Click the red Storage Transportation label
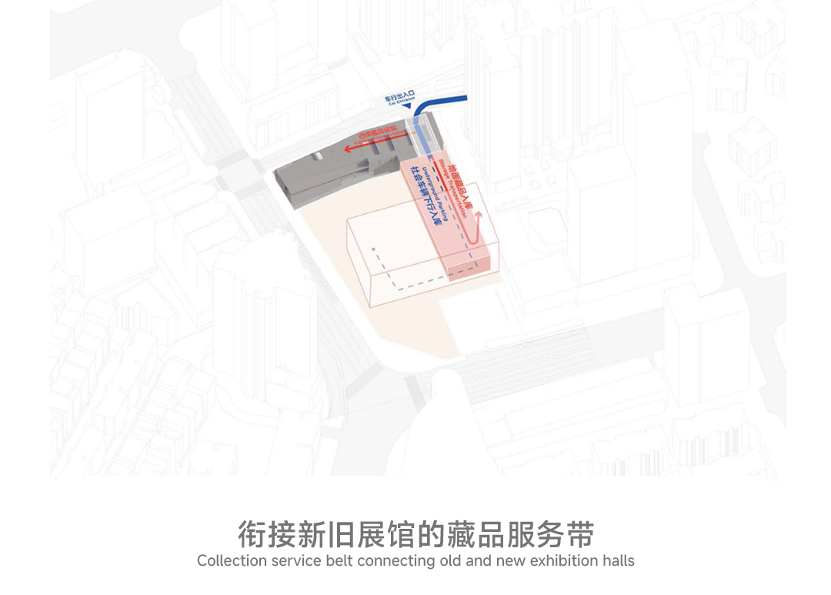(457, 187)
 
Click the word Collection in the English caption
(231, 561)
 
